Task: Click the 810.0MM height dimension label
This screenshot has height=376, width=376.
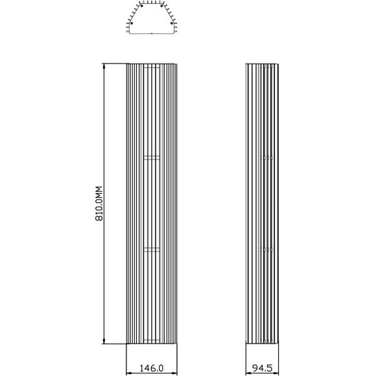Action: pos(99,204)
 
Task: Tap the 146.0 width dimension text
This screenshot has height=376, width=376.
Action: pos(151,368)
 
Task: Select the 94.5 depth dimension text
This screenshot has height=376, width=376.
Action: pos(262,368)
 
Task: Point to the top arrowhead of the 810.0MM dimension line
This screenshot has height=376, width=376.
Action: pos(104,65)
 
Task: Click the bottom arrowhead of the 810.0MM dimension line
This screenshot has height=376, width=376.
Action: pos(104,341)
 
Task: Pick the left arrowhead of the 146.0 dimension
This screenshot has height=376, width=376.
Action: pos(129,373)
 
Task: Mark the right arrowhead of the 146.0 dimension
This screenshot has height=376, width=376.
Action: pos(174,373)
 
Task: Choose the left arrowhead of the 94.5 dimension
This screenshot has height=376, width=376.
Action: pos(249,373)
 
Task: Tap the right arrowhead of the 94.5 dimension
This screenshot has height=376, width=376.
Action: pos(276,373)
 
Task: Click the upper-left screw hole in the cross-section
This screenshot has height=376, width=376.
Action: pos(141,6)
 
